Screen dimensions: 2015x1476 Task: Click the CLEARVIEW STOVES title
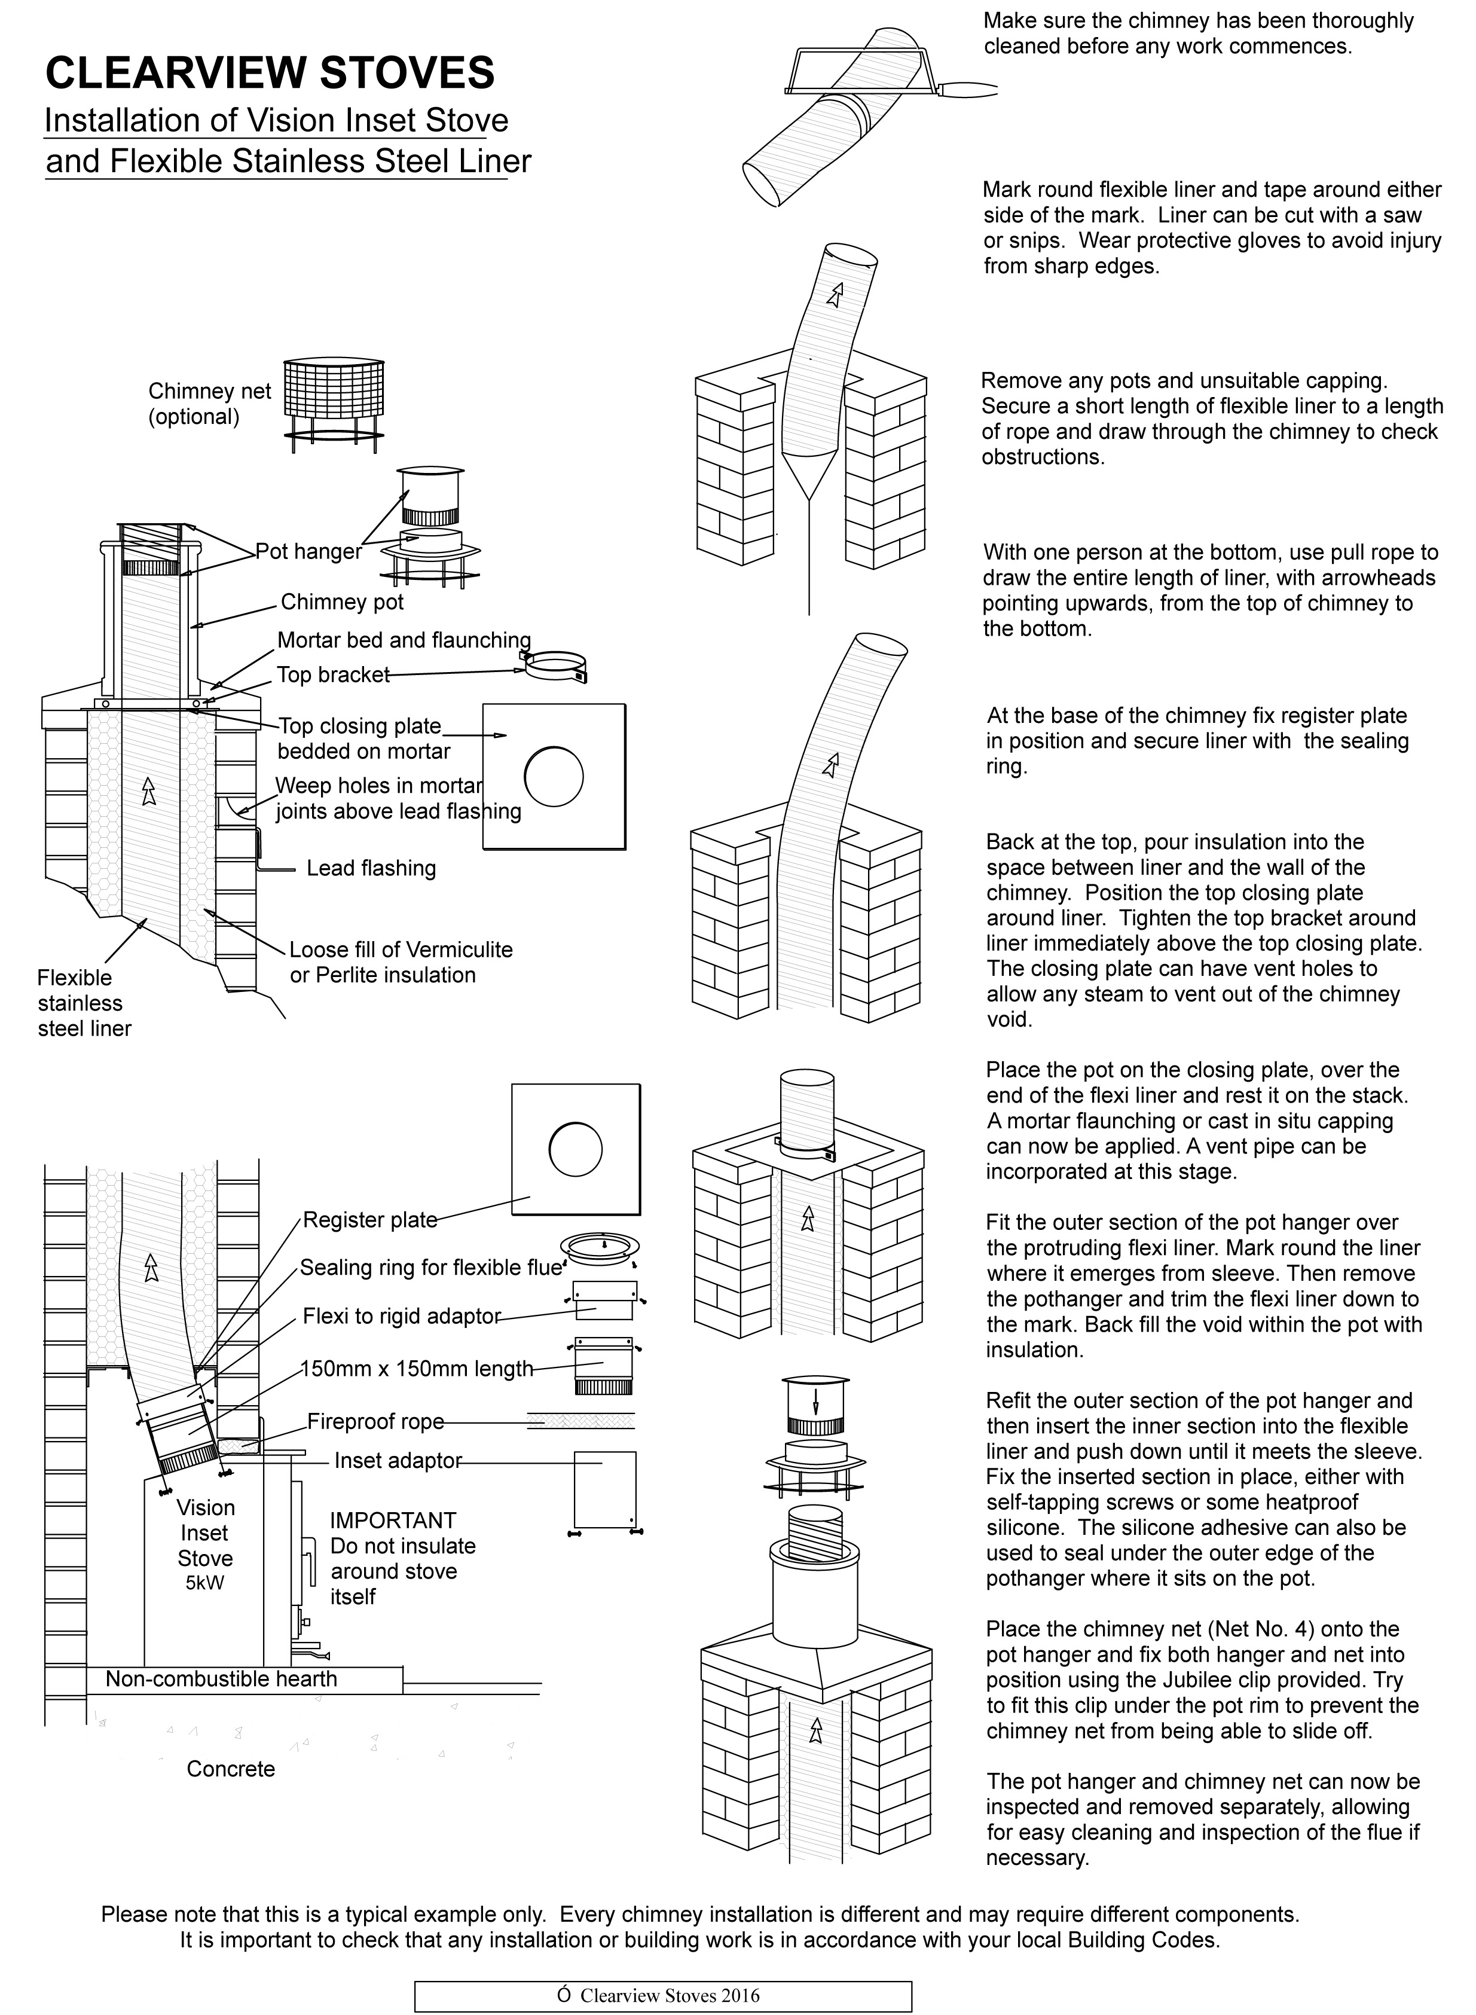[269, 72]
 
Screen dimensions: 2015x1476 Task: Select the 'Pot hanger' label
[308, 551]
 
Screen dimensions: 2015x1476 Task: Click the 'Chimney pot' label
[342, 602]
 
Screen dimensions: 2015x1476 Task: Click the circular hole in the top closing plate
[554, 776]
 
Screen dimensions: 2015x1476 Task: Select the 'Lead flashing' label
[371, 869]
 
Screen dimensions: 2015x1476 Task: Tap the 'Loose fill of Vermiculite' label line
[401, 950]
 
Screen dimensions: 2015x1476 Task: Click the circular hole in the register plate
[575, 1149]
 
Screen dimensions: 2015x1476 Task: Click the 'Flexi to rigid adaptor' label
[401, 1316]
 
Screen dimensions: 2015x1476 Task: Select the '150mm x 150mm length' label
[416, 1369]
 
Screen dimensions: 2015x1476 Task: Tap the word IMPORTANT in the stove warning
[393, 1521]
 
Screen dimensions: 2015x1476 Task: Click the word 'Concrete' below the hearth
[231, 1769]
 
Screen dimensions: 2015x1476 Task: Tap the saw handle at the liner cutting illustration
[971, 89]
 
